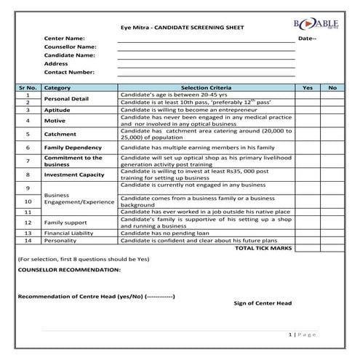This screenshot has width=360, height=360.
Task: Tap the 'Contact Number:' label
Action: pyautogui.click(x=69, y=72)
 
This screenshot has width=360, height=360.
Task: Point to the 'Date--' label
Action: pyautogui.click(x=307, y=38)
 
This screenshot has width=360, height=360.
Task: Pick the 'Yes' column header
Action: pyautogui.click(x=307, y=87)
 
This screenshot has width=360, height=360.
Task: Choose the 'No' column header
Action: pyautogui.click(x=332, y=87)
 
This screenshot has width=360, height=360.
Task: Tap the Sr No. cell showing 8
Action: pyautogui.click(x=28, y=175)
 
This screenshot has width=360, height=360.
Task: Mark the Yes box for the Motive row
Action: pyautogui.click(x=307, y=121)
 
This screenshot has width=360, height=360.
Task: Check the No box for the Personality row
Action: pyautogui.click(x=332, y=240)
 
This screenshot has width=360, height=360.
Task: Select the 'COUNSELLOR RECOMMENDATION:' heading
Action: pyautogui.click(x=69, y=269)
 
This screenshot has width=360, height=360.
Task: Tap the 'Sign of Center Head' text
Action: pyautogui.click(x=263, y=303)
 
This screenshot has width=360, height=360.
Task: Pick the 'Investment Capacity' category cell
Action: pyautogui.click(x=73, y=175)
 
